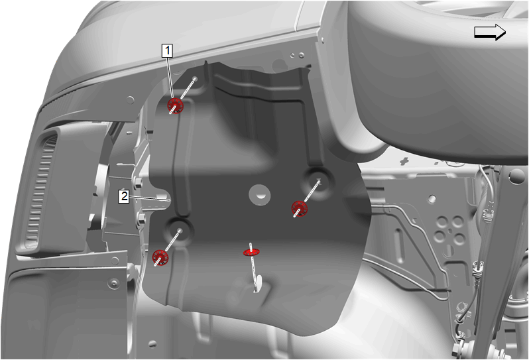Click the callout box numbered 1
tap(167, 50)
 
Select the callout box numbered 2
tap(124, 196)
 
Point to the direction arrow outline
tap(490, 32)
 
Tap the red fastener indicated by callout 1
tap(176, 105)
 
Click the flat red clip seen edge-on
tap(251, 251)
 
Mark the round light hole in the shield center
tap(259, 195)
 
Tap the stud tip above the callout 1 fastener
tap(195, 78)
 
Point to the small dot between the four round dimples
tap(449, 231)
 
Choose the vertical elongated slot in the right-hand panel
tap(399, 246)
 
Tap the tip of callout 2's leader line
tap(170, 201)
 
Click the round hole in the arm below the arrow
tap(515, 176)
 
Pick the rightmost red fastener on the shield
tap(300, 208)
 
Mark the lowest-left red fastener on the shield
tap(160, 257)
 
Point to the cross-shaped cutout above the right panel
tap(404, 160)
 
